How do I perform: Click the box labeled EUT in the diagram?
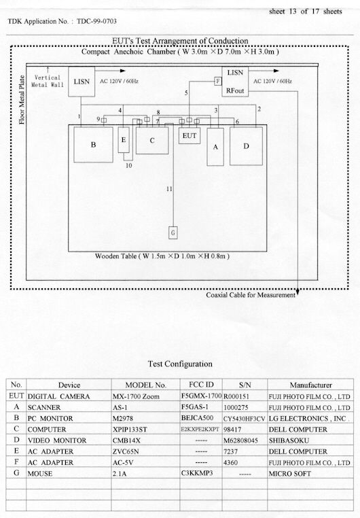click(190, 135)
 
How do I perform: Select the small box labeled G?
click(173, 232)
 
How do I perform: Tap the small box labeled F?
click(218, 81)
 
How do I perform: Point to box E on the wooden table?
click(124, 140)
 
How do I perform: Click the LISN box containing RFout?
click(235, 82)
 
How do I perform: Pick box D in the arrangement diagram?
click(246, 146)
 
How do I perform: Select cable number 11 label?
click(169, 189)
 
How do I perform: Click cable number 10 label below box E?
click(128, 165)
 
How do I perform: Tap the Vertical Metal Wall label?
click(47, 82)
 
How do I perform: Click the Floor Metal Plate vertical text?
click(22, 100)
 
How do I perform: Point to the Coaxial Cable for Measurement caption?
click(251, 295)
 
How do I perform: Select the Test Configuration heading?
click(180, 364)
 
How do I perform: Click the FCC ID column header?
click(201, 385)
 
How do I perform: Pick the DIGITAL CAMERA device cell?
click(58, 396)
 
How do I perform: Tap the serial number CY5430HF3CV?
click(244, 419)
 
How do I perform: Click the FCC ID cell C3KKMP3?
click(197, 472)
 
